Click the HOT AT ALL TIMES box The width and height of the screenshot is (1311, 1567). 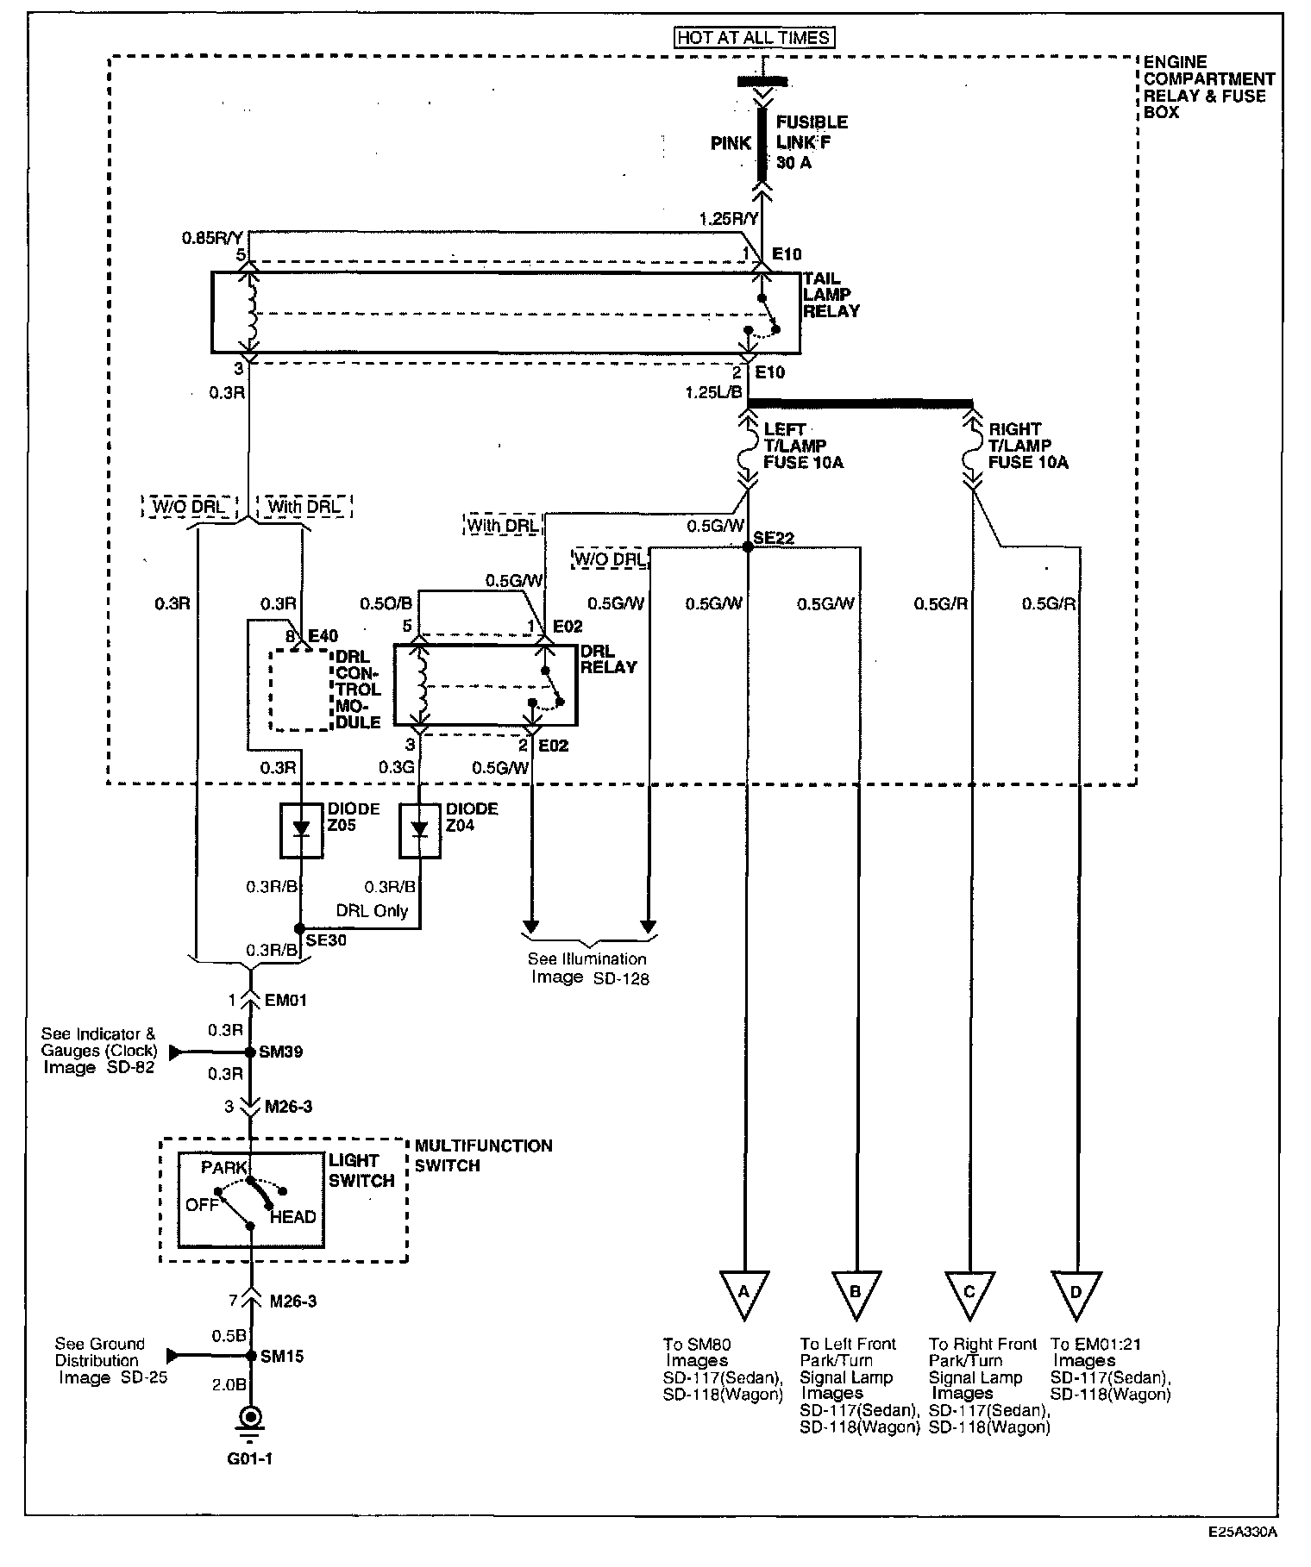point(756,38)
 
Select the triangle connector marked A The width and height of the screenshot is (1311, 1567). point(743,1292)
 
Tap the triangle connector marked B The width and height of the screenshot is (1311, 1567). point(856,1292)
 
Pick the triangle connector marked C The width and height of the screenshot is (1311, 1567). point(969,1292)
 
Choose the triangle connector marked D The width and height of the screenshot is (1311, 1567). point(1076,1292)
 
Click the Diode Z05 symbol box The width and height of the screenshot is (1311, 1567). point(301,830)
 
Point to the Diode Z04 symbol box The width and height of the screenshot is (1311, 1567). point(419,830)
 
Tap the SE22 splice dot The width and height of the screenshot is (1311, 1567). point(747,546)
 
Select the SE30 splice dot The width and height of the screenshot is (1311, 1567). point(299,929)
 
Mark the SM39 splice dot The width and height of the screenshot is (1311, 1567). point(250,1052)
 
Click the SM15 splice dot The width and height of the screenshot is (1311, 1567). point(251,1356)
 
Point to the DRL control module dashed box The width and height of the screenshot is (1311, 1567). point(301,690)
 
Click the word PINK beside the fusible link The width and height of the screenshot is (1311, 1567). point(731,143)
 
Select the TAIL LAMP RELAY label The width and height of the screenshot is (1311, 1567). point(831,295)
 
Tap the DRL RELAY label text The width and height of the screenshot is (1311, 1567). point(608,659)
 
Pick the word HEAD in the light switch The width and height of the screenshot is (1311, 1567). point(292,1217)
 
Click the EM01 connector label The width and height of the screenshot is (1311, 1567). point(285,1001)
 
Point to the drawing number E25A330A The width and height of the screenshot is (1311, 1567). point(1241,1532)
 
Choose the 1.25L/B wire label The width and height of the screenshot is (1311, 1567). point(713,392)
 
